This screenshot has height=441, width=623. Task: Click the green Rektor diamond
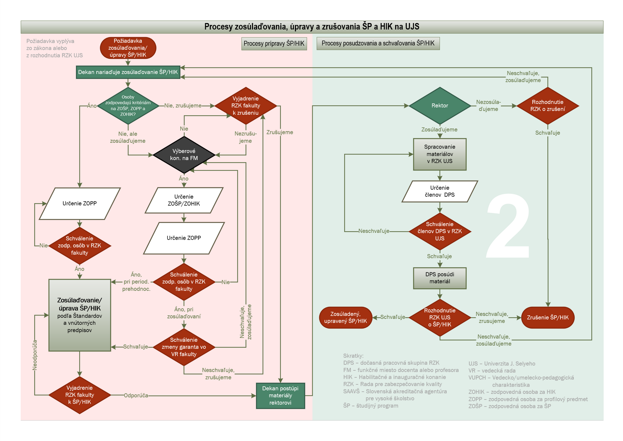pyautogui.click(x=440, y=106)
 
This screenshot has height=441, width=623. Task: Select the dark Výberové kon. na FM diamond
pyautogui.click(x=184, y=155)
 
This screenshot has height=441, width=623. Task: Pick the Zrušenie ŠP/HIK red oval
pyautogui.click(x=548, y=317)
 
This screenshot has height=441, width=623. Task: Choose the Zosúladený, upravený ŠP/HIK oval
pyautogui.click(x=345, y=317)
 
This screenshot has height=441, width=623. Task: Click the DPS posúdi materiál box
pyautogui.click(x=440, y=278)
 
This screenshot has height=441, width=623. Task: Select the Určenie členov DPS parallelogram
pyautogui.click(x=440, y=191)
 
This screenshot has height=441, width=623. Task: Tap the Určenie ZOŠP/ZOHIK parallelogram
pyautogui.click(x=184, y=200)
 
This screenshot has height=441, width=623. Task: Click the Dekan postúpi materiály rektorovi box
pyautogui.click(x=280, y=396)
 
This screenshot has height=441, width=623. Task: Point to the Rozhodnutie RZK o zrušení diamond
pyautogui.click(x=548, y=106)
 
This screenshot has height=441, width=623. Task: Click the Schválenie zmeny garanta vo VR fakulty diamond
pyautogui.click(x=184, y=347)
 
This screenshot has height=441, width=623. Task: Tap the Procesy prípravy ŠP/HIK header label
pyautogui.click(x=274, y=44)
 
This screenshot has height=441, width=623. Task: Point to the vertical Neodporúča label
pyautogui.click(x=35, y=355)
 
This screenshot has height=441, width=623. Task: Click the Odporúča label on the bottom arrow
pyautogui.click(x=136, y=396)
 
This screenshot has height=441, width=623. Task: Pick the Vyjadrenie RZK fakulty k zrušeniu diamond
pyautogui.click(x=246, y=106)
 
